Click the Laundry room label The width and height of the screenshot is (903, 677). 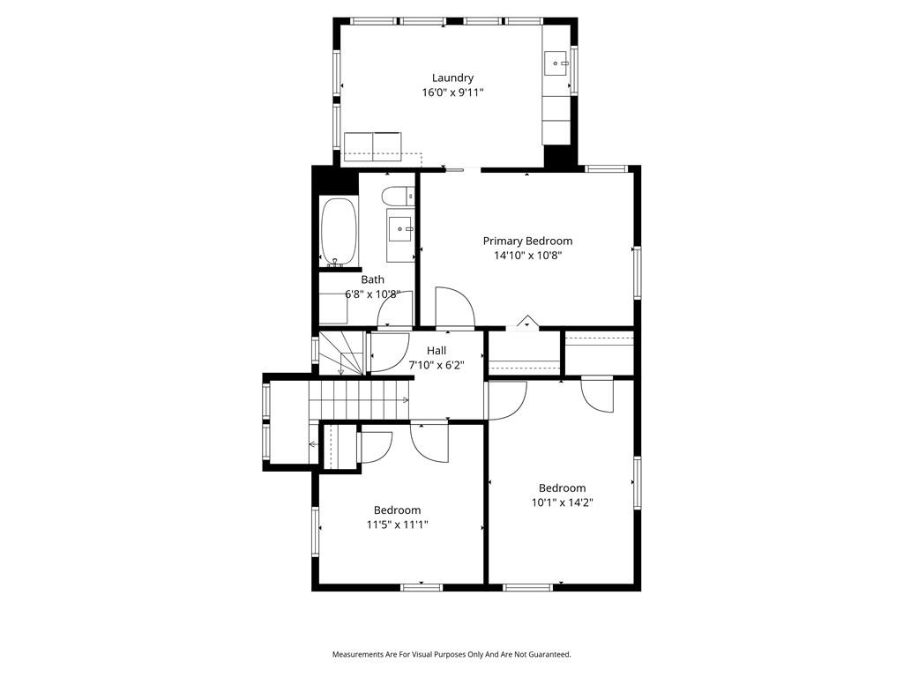(452, 78)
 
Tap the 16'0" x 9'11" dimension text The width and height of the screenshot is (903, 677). (452, 92)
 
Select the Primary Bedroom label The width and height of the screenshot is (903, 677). (527, 242)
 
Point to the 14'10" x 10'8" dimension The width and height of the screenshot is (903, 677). (527, 256)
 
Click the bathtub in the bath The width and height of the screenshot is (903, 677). (340, 232)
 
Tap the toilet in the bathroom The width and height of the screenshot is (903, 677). (398, 197)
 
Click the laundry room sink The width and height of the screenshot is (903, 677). (556, 63)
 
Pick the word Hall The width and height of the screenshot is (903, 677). (437, 351)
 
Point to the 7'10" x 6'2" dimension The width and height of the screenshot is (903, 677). (437, 365)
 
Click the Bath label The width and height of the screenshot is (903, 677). (373, 279)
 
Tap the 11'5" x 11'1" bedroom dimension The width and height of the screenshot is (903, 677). (398, 524)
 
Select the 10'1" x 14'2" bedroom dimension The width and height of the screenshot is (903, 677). (562, 502)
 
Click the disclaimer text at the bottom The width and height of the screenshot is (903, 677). (451, 655)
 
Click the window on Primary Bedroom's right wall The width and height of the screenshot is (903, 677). (637, 272)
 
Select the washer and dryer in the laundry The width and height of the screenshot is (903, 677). (373, 147)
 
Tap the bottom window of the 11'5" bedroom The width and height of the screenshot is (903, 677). (422, 587)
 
